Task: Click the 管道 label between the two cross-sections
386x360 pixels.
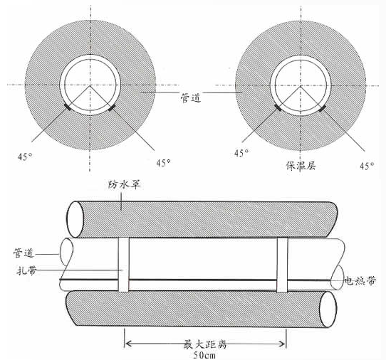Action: [191, 97]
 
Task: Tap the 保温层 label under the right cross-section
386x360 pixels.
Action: [301, 166]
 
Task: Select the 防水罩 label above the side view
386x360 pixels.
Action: [125, 184]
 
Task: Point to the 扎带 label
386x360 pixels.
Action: [26, 270]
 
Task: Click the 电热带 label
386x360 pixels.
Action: [360, 280]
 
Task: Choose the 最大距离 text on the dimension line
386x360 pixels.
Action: [204, 344]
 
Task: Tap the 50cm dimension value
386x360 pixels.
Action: [204, 355]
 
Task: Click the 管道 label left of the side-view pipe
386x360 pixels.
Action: [24, 253]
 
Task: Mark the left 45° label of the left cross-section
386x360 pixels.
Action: [25, 156]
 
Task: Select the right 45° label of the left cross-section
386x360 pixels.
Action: [164, 162]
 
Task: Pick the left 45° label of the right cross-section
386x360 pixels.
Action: [241, 153]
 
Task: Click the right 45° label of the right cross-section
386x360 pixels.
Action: [367, 166]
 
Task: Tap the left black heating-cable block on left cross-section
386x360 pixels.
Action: [67, 107]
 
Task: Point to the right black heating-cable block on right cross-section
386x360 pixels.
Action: [322, 108]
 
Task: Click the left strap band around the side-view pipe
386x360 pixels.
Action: [124, 265]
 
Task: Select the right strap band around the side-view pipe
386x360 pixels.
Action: [282, 265]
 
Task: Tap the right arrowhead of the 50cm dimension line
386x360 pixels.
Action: [283, 344]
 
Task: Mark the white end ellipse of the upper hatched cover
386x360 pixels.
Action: [75, 219]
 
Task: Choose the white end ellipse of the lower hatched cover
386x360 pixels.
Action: [328, 309]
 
